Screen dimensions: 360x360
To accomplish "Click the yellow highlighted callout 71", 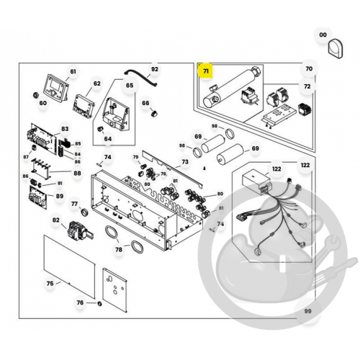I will click(x=207, y=71).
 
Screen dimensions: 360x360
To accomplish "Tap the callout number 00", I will click(x=323, y=35).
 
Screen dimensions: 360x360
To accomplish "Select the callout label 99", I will click(x=307, y=311).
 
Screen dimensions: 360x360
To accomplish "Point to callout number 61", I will click(x=72, y=71).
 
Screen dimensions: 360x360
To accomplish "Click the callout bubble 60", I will click(x=43, y=103).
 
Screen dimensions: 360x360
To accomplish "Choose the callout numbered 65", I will click(x=130, y=86).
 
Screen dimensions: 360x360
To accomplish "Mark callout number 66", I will click(x=145, y=103).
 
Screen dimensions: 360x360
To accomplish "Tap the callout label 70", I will click(x=310, y=69).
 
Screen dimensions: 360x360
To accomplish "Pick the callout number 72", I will click(x=307, y=86).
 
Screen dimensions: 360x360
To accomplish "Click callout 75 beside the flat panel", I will click(x=50, y=284).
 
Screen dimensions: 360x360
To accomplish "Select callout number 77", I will click(x=74, y=204).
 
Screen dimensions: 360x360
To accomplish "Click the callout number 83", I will click(x=66, y=128).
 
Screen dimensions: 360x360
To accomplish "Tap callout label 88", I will click(x=78, y=173).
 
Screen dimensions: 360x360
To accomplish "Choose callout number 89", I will click(x=60, y=196).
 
